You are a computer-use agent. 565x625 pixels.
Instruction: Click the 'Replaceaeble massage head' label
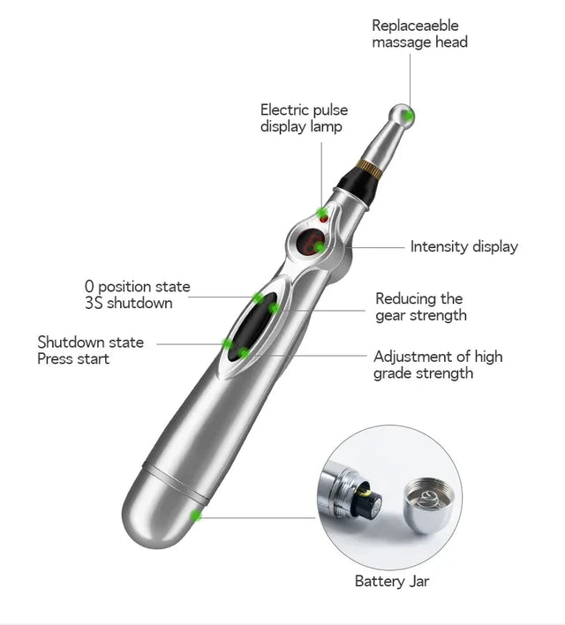419,34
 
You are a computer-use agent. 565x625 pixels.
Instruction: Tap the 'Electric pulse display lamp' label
304,118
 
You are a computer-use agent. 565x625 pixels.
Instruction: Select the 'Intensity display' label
463,247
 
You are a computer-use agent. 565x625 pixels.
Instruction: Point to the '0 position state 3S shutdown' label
137,295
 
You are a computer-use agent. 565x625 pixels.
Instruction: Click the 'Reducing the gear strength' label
420,307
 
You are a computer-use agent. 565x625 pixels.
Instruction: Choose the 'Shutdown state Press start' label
90,350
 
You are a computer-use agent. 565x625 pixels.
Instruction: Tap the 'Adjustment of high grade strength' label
437,365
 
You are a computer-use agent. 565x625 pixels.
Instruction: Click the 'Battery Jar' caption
392,581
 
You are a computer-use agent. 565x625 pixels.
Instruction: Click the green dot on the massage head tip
408,114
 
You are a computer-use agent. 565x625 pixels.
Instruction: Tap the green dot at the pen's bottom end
197,515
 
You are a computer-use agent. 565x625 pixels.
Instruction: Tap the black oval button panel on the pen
253,324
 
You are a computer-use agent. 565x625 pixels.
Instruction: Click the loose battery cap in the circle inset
431,505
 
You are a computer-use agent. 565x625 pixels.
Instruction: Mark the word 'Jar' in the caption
418,581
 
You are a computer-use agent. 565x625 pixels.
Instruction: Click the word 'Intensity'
440,247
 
